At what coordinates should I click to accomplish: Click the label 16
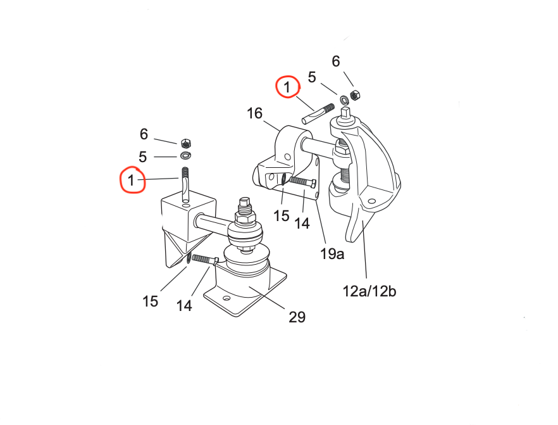[x=254, y=114]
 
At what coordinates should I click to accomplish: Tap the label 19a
[x=332, y=255]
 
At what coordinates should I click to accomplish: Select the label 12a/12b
[x=369, y=291]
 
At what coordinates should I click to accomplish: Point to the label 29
[x=297, y=317]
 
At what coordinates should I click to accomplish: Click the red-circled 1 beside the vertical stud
[x=132, y=181]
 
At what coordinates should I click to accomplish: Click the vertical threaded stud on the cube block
[x=185, y=184]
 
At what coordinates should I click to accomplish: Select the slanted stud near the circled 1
[x=318, y=113]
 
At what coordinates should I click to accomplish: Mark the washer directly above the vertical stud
[x=185, y=155]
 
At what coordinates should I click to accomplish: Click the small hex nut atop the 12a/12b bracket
[x=355, y=95]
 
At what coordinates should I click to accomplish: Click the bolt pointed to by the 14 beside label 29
[x=204, y=259]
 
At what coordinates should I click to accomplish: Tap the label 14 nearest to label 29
[x=184, y=306]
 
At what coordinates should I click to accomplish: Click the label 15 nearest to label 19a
[x=282, y=215]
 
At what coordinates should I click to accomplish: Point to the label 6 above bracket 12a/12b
[x=336, y=61]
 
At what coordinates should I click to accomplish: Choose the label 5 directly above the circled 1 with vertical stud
[x=143, y=156]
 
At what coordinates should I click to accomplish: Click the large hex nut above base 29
[x=245, y=219]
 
